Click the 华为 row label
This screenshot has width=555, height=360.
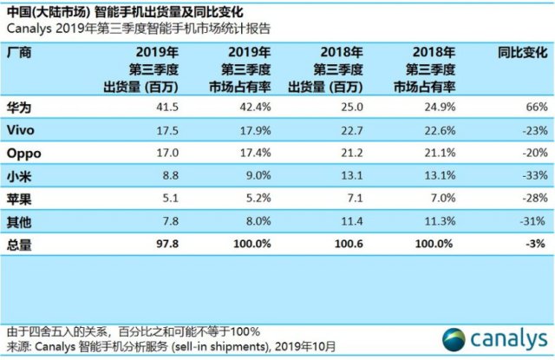click(x=19, y=107)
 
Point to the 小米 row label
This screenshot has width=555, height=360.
click(x=19, y=176)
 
